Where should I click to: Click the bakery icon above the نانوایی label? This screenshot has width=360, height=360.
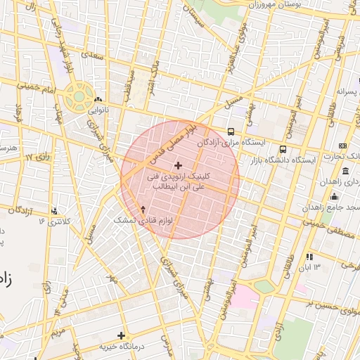coord(98,100)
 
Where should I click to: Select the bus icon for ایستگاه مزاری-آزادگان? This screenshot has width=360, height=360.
coord(231,131)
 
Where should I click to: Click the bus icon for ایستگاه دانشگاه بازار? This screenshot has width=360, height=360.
coord(283,150)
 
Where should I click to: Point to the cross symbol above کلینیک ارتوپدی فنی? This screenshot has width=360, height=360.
coord(177,165)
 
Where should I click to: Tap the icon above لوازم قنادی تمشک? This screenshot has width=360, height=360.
coord(143,209)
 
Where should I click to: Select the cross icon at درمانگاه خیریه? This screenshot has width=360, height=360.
coord(121,335)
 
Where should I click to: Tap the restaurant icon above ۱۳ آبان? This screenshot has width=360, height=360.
coord(310,257)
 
